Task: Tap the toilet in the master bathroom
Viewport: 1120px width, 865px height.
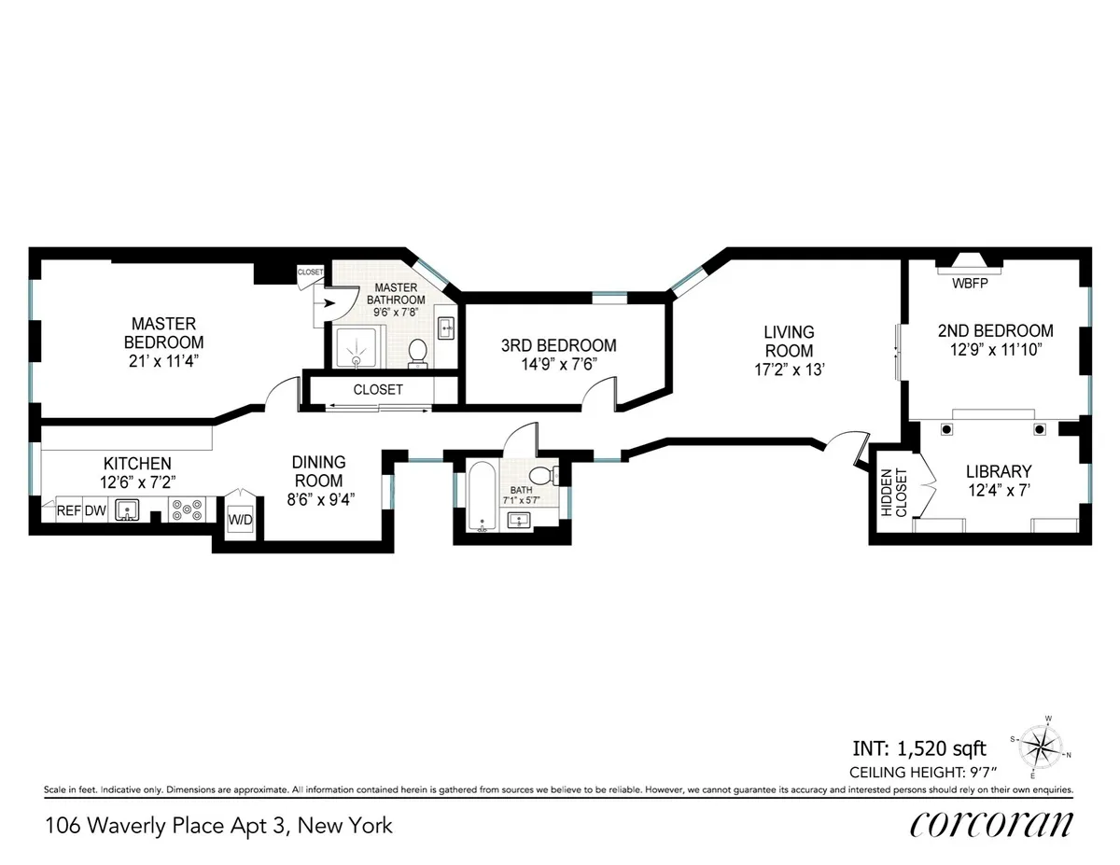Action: tap(417, 352)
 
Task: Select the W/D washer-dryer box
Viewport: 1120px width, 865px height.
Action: tap(240, 518)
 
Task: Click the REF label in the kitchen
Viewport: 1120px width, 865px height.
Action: tap(68, 510)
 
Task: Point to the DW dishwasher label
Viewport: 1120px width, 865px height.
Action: tap(95, 510)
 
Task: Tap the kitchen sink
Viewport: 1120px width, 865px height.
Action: tap(129, 509)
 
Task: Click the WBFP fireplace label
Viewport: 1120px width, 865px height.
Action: tap(968, 282)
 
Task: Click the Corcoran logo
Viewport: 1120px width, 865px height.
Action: tap(991, 824)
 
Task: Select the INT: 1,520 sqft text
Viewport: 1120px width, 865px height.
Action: tap(919, 747)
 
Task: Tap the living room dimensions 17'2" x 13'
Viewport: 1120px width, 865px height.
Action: tap(789, 368)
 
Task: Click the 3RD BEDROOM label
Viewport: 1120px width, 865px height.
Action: tap(558, 345)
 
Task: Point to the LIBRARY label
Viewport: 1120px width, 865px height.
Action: tap(998, 471)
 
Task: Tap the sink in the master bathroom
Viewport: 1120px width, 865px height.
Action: tap(445, 327)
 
